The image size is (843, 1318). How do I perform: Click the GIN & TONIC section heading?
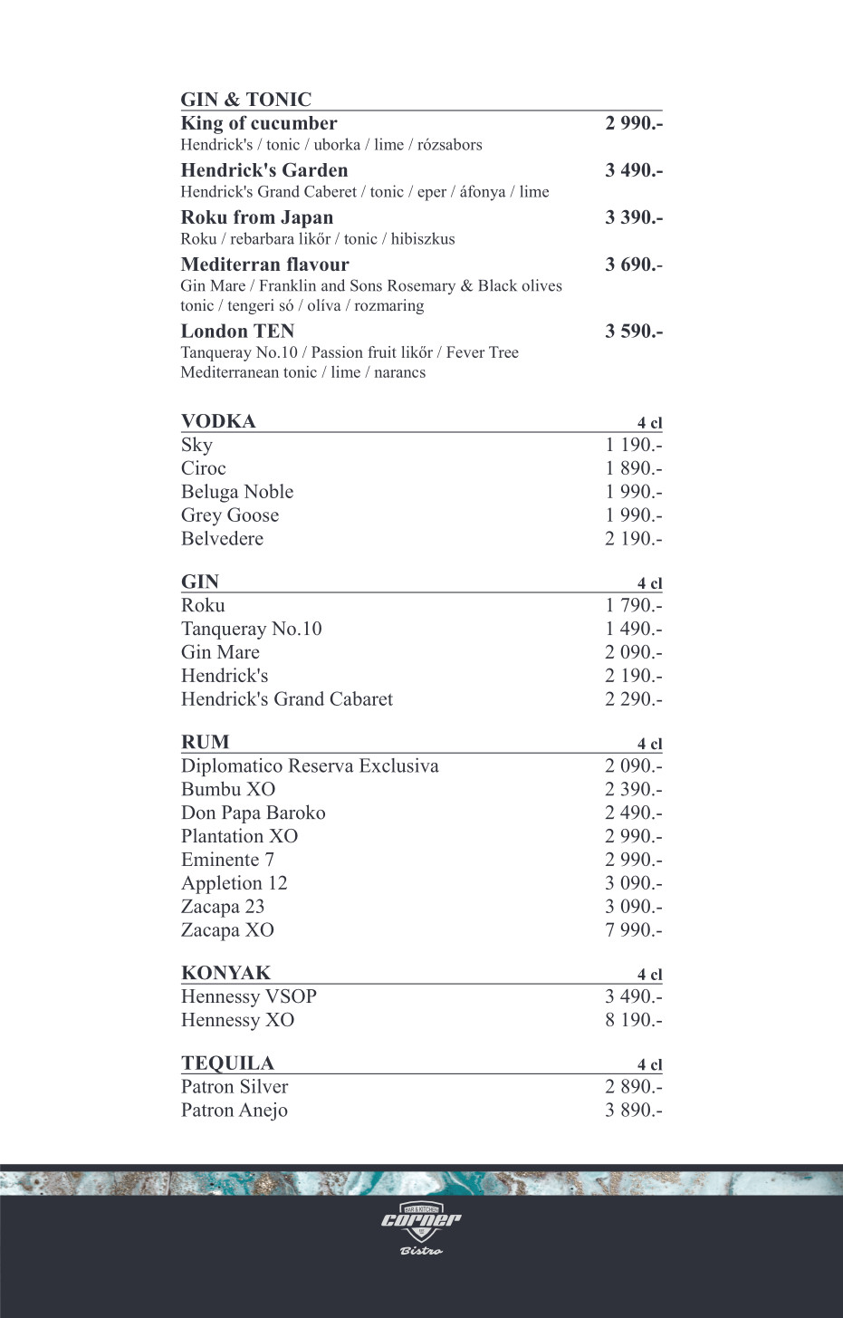tap(245, 100)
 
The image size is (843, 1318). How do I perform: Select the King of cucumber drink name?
tap(259, 123)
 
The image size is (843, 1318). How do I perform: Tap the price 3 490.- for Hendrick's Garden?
tap(633, 170)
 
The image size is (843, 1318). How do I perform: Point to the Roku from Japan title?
tap(257, 217)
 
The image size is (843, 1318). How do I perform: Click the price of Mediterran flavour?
tap(633, 265)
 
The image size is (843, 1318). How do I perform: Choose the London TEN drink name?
tap(237, 332)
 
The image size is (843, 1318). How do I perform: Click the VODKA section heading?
tap(218, 421)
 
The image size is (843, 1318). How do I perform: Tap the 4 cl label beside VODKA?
tap(649, 423)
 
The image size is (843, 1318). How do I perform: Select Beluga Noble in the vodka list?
tap(237, 492)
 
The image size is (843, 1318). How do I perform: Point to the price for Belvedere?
tap(633, 539)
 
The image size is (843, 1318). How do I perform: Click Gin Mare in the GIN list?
tap(220, 652)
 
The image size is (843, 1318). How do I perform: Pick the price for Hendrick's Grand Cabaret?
tap(633, 699)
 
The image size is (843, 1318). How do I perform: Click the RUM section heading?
tap(206, 742)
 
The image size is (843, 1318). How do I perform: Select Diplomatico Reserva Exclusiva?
tap(310, 766)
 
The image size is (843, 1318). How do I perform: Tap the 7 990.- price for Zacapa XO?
tap(633, 930)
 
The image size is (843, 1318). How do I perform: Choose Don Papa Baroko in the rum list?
tap(254, 813)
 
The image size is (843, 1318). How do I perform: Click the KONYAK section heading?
tap(225, 973)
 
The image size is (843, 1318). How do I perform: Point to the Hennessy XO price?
tap(633, 1020)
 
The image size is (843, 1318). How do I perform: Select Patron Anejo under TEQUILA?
tap(235, 1111)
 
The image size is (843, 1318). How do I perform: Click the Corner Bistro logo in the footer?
tap(421, 1227)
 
